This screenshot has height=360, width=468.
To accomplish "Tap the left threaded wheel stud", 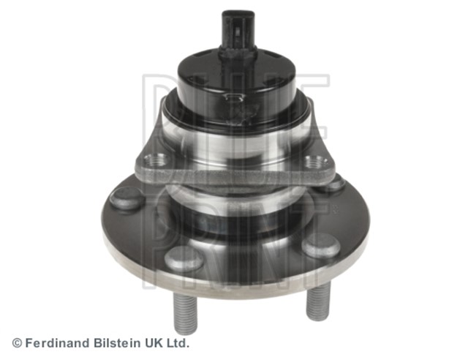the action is (x=185, y=312).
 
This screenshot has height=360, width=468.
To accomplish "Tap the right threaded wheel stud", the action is (x=318, y=301).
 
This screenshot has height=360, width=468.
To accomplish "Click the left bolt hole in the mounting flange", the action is (x=154, y=160).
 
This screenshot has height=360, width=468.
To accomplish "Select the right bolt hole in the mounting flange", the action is (x=316, y=162).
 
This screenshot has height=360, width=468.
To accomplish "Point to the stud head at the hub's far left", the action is (x=127, y=198).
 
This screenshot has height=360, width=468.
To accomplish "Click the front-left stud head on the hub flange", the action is (x=184, y=259).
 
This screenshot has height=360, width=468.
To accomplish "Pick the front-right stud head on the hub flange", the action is (x=321, y=246).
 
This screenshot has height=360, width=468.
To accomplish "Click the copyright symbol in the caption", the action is (x=17, y=343).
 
